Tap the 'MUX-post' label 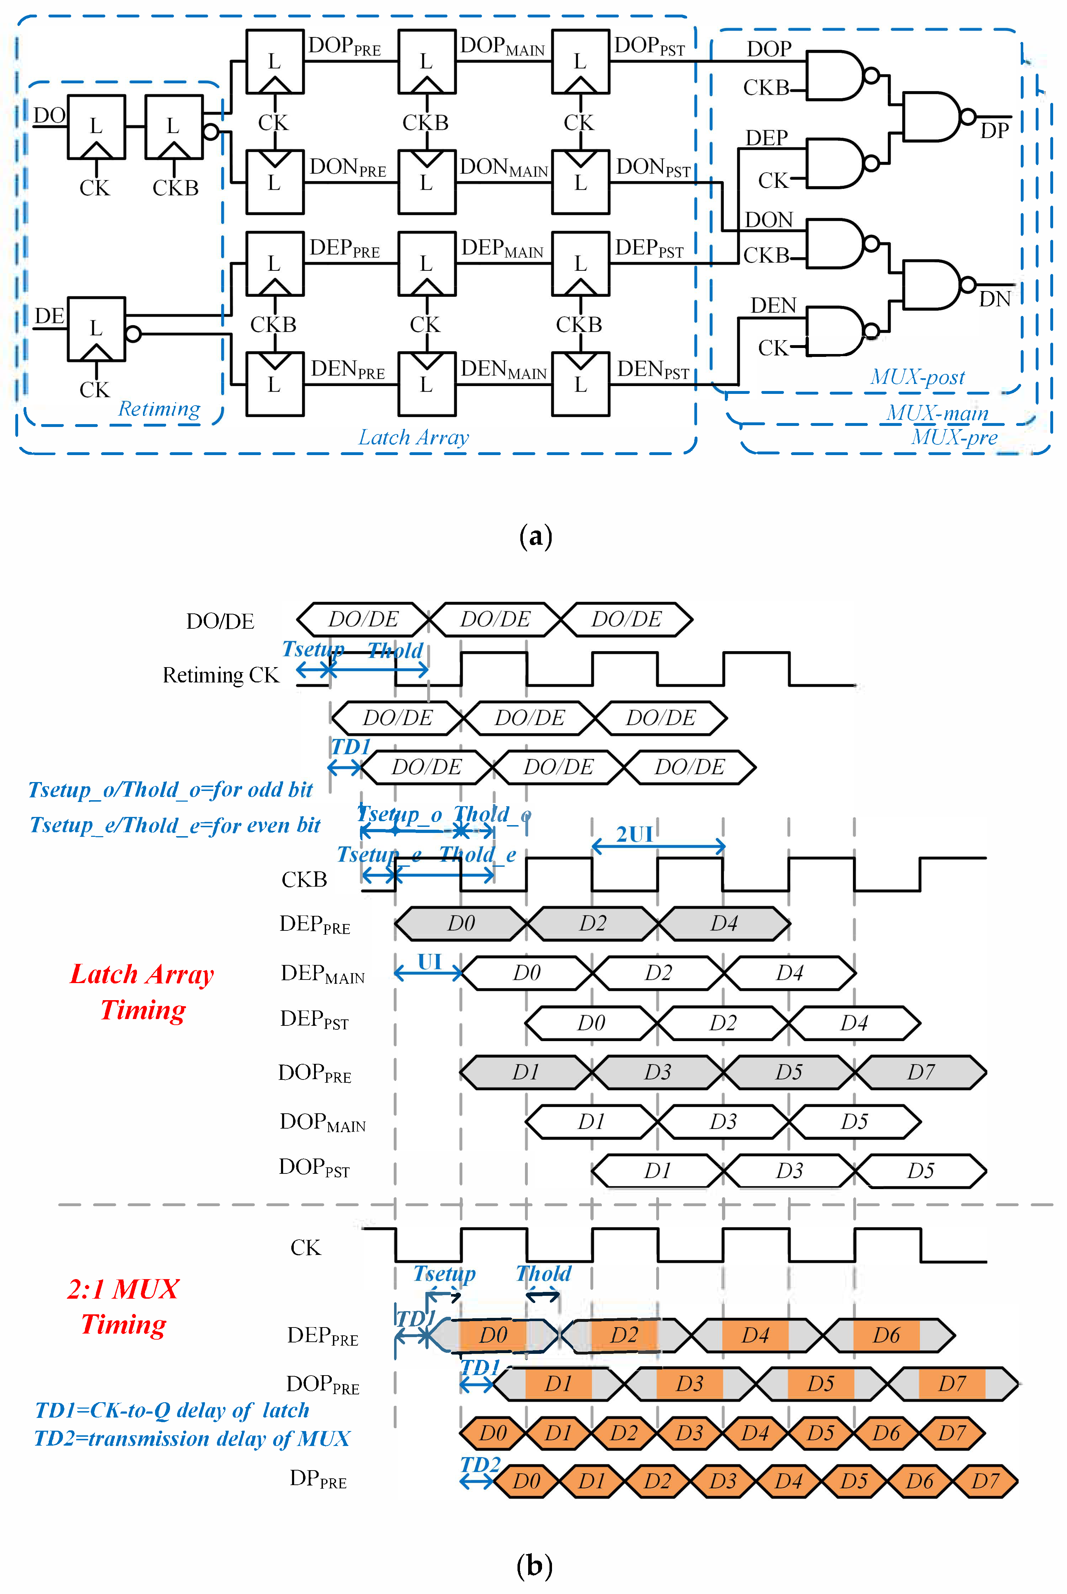(x=917, y=377)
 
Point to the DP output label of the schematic (x=994, y=131)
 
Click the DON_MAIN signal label (x=504, y=168)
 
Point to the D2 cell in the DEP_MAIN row (x=658, y=973)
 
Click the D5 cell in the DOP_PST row (x=920, y=1171)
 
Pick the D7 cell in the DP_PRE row (x=984, y=1481)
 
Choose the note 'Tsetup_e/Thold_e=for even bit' (x=175, y=825)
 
